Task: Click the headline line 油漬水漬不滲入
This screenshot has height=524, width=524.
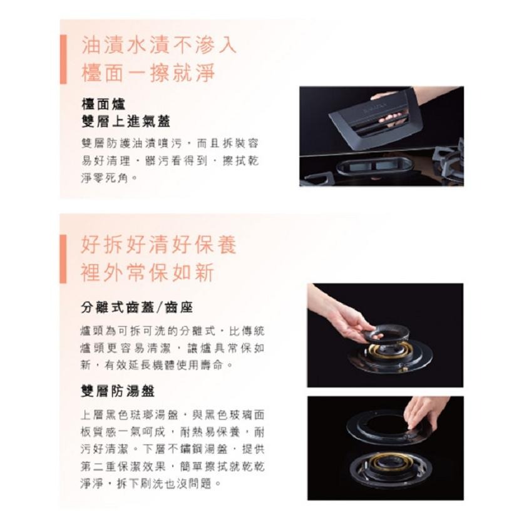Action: tap(159, 46)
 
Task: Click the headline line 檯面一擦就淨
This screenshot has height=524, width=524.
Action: tap(148, 73)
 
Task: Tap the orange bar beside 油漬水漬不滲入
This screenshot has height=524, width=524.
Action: tap(63, 59)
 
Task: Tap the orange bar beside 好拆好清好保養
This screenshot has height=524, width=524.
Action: tap(63, 259)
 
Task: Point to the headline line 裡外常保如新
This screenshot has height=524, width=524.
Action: tap(148, 272)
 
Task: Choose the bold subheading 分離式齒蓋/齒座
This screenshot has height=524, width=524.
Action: tap(137, 307)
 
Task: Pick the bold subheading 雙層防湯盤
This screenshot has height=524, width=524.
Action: tap(118, 391)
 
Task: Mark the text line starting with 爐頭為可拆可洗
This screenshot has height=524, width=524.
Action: tap(169, 330)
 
